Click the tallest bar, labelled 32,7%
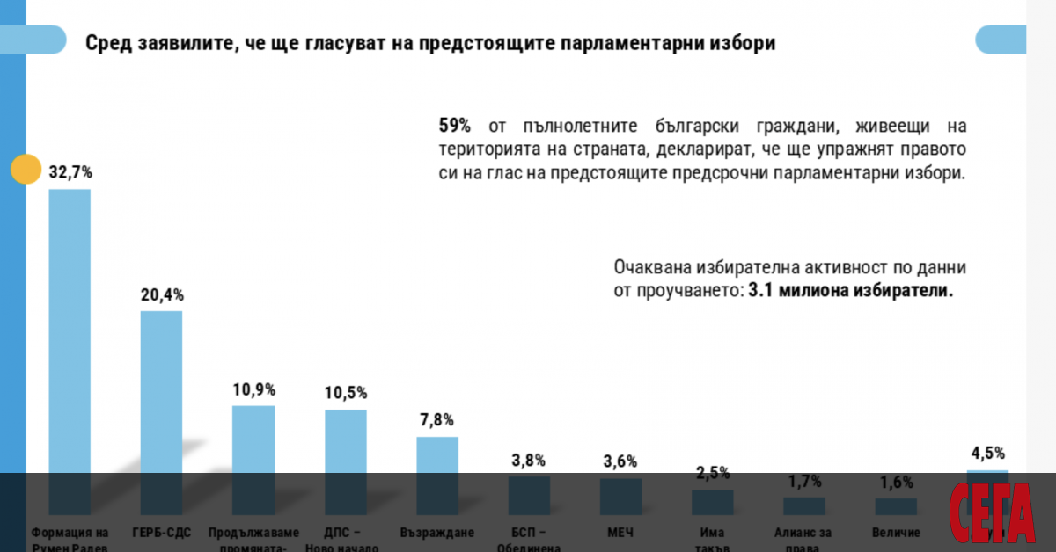point(70,352)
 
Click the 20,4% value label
point(163,295)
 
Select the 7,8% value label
point(437,421)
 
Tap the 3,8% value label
point(528,460)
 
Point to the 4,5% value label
point(987,454)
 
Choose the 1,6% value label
point(896,483)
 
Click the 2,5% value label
point(712,473)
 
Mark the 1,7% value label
point(804,481)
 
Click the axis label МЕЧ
point(620,533)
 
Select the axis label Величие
point(896,533)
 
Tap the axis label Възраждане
point(437,533)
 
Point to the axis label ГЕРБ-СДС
point(162,533)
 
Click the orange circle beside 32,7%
point(26,170)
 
